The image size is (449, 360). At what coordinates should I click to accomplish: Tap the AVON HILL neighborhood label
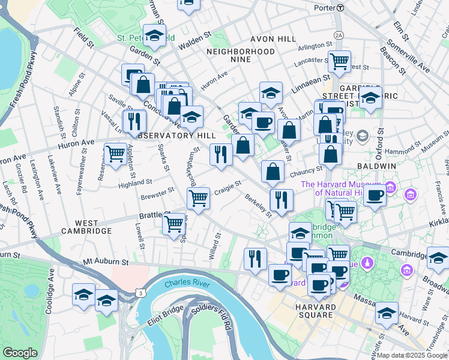pyautogui.click(x=273, y=39)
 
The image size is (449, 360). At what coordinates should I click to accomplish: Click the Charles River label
pyautogui.click(x=187, y=283)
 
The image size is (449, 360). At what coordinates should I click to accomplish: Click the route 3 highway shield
pyautogui.click(x=140, y=293)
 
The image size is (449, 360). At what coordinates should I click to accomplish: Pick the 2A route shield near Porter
pyautogui.click(x=339, y=35)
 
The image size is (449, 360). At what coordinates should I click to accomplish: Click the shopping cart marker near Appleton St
pyautogui.click(x=115, y=154)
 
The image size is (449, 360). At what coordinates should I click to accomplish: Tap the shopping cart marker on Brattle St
pyautogui.click(x=174, y=224)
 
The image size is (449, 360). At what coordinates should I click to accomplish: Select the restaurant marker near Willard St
pyautogui.click(x=255, y=258)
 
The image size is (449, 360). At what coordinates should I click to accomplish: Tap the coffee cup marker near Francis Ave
pyautogui.click(x=375, y=195)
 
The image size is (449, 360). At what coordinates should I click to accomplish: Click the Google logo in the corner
pyautogui.click(x=20, y=352)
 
